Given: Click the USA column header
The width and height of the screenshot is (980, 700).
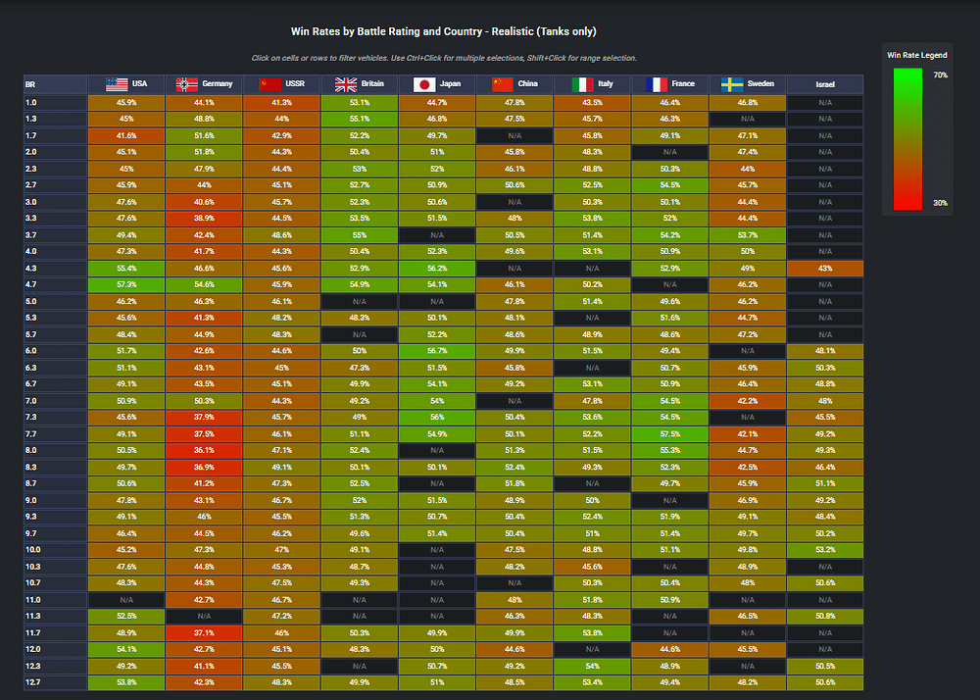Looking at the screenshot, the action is (x=126, y=83).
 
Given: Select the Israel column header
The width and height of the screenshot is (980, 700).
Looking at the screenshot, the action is (x=825, y=83).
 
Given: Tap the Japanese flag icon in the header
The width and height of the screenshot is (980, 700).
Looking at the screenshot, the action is (x=424, y=84).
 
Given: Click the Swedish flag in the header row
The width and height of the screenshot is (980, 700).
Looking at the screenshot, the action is (x=732, y=84).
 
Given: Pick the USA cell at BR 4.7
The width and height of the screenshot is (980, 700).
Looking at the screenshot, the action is (x=126, y=284).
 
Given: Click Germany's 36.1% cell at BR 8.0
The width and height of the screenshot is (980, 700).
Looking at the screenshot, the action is (x=204, y=450).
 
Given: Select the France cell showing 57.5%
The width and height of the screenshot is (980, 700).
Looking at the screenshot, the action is (x=670, y=433).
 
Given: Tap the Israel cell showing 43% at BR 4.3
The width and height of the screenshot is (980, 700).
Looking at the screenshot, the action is (x=825, y=268).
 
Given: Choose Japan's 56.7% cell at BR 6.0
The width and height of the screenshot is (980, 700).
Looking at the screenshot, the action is (x=437, y=351).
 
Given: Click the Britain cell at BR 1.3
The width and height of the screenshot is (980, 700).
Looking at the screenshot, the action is (x=360, y=119).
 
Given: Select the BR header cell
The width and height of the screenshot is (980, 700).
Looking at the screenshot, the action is (x=55, y=83).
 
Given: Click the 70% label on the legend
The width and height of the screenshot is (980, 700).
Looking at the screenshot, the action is (x=940, y=75).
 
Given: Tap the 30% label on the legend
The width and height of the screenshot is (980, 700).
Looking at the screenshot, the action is (x=940, y=203).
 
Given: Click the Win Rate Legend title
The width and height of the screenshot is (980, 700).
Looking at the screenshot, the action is (x=917, y=55).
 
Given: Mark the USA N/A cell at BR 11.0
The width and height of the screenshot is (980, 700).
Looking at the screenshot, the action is (x=126, y=599).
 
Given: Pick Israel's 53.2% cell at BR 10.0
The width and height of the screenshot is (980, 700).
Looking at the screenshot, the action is (x=825, y=550).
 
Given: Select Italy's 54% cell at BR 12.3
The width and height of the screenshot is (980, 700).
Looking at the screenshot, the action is (x=592, y=666).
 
